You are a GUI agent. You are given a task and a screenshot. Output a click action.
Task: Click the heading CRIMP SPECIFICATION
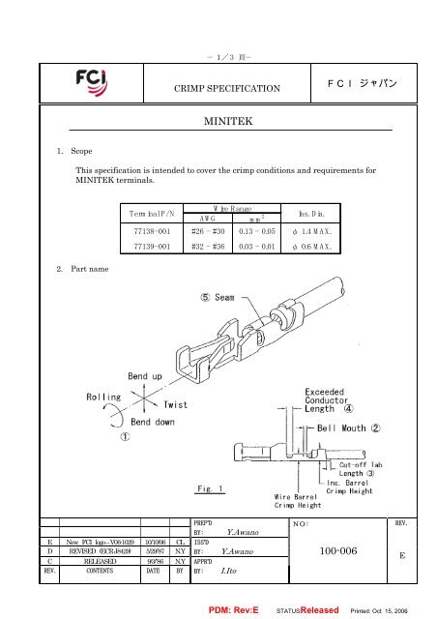click(x=219, y=89)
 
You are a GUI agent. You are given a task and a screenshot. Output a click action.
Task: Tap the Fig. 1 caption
click(x=209, y=489)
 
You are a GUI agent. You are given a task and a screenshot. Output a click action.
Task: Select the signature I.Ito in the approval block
click(x=229, y=571)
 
